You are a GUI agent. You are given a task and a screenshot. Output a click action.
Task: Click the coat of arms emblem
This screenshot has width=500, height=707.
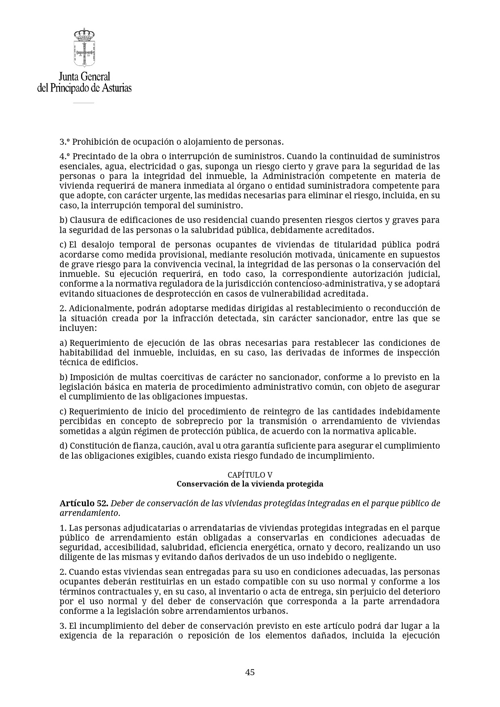tap(84, 47)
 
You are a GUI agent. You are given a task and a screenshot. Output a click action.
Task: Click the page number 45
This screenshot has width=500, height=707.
tap(250, 672)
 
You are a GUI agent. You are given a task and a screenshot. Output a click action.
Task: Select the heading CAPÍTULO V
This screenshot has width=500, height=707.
tap(250, 475)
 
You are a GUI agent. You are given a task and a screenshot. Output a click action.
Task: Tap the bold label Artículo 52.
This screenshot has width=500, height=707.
tap(83, 503)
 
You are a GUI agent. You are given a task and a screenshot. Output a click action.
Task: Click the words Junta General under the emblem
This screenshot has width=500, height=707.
tap(84, 76)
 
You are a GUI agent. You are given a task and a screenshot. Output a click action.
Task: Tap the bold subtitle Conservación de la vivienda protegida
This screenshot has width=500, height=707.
tap(250, 484)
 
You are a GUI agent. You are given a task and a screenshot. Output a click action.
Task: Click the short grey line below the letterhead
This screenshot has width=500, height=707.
tap(83, 103)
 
